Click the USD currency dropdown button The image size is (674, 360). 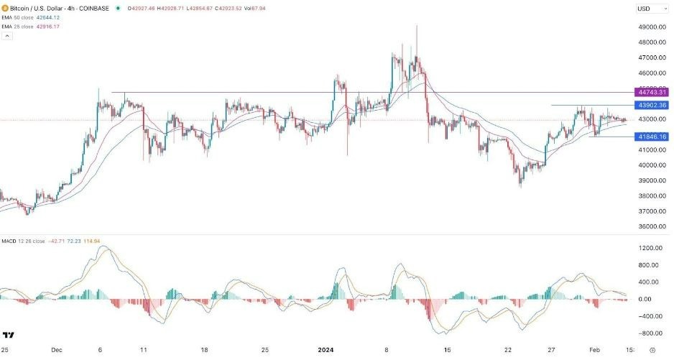point(648,9)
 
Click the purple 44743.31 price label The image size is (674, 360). point(652,93)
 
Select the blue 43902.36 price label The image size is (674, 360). point(652,105)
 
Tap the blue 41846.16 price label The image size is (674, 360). point(652,137)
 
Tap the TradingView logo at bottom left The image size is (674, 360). point(9,336)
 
